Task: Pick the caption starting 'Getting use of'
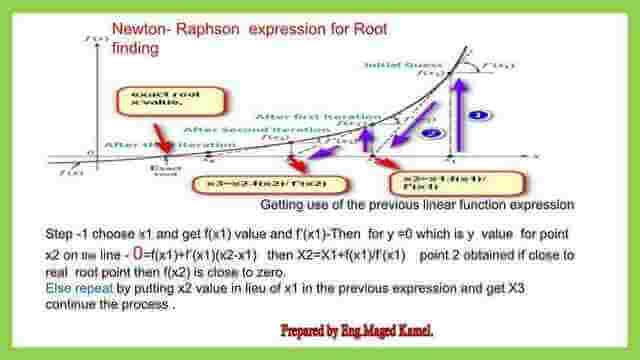click(417, 205)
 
